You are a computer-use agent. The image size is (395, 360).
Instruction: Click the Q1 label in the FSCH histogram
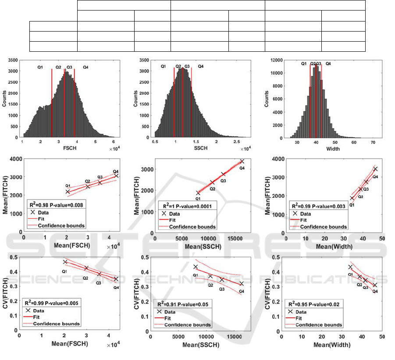(40, 67)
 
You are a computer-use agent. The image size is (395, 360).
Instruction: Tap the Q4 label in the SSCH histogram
(200, 66)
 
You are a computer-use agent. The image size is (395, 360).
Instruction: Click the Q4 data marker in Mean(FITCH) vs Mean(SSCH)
(242, 161)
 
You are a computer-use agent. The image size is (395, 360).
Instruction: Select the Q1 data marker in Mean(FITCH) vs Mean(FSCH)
(68, 192)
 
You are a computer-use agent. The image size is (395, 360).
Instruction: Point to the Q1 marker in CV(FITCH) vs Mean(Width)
(350, 267)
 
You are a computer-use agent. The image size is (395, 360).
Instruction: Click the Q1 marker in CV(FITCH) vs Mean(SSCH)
(196, 267)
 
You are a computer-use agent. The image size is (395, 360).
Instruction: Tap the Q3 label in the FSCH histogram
(69, 67)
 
